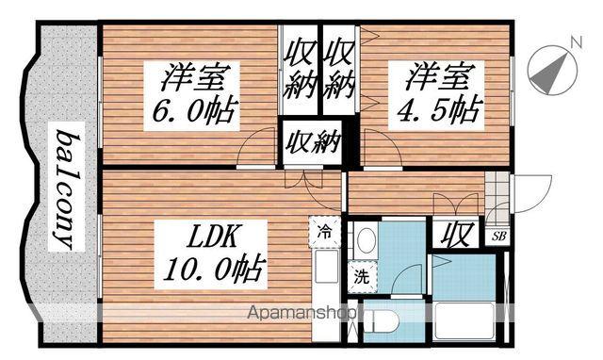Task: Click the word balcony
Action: point(64,189)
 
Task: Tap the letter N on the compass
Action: point(574,41)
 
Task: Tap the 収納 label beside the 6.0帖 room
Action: point(300,66)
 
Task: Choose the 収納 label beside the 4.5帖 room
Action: point(340,66)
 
